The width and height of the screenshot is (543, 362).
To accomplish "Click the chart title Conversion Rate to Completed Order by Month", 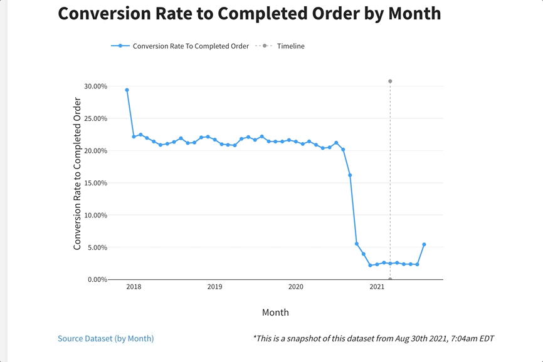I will click(249, 14).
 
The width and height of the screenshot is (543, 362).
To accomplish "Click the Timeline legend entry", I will click(290, 46).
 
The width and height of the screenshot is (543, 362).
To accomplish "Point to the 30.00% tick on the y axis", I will click(95, 86).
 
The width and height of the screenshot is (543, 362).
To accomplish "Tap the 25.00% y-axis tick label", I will click(95, 118).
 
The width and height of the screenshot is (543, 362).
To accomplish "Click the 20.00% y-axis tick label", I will click(95, 151).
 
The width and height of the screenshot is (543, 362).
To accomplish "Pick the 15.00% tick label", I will click(95, 183).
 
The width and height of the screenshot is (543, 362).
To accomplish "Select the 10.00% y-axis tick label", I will click(95, 215).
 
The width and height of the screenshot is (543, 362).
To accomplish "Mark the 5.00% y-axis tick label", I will click(97, 247).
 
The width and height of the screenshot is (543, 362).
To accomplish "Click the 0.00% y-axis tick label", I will click(97, 280).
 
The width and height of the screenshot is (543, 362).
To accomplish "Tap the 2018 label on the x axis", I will click(134, 287).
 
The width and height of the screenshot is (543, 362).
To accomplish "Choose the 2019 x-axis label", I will click(214, 287).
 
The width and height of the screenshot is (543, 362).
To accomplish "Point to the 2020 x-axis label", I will click(296, 287).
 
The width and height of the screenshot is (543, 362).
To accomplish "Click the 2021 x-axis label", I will click(377, 287).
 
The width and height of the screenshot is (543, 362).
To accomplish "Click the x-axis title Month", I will click(275, 312).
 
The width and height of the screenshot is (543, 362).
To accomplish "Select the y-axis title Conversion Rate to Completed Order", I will click(78, 174).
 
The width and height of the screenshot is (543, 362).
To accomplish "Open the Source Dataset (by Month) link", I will click(105, 338).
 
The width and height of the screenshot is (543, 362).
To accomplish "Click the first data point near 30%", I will click(127, 90).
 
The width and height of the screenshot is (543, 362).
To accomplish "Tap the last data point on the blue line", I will click(424, 244).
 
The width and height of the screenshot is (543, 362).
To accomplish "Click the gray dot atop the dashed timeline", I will click(390, 81).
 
